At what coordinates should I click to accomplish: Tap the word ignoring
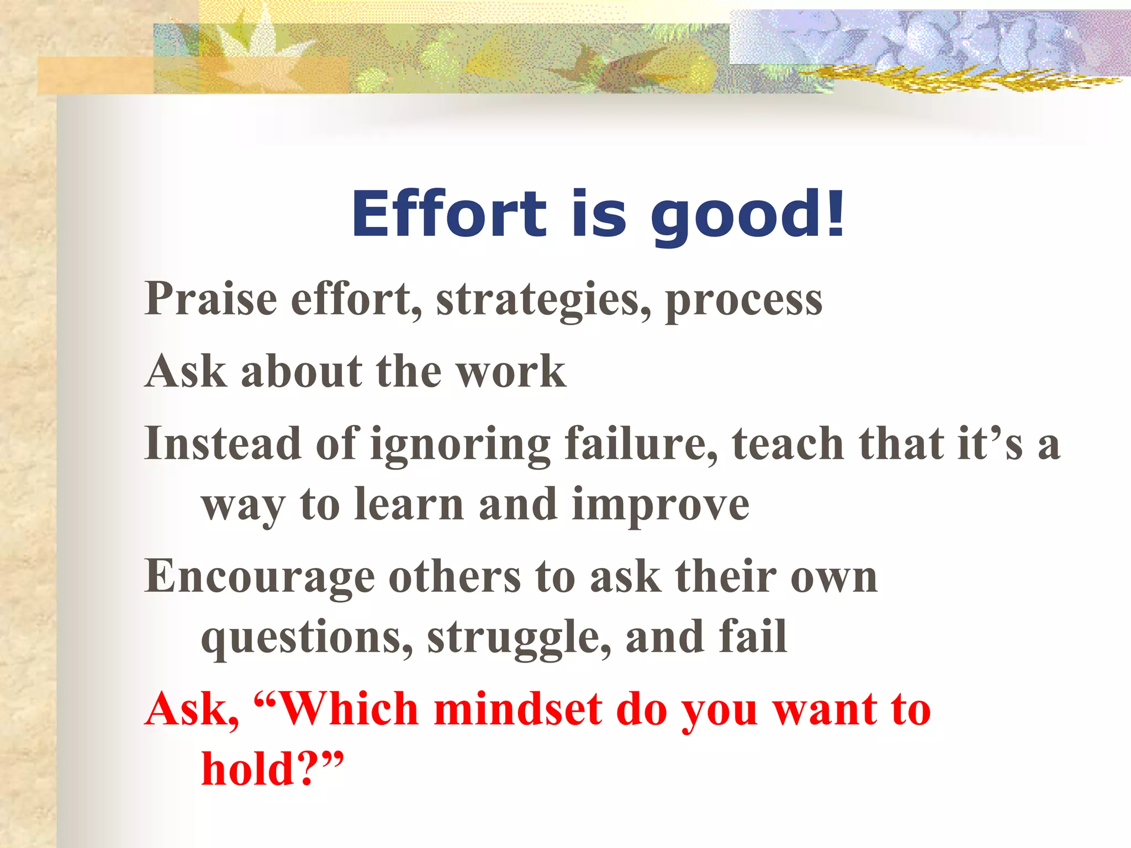coord(460,446)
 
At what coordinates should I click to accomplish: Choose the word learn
coord(408,505)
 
